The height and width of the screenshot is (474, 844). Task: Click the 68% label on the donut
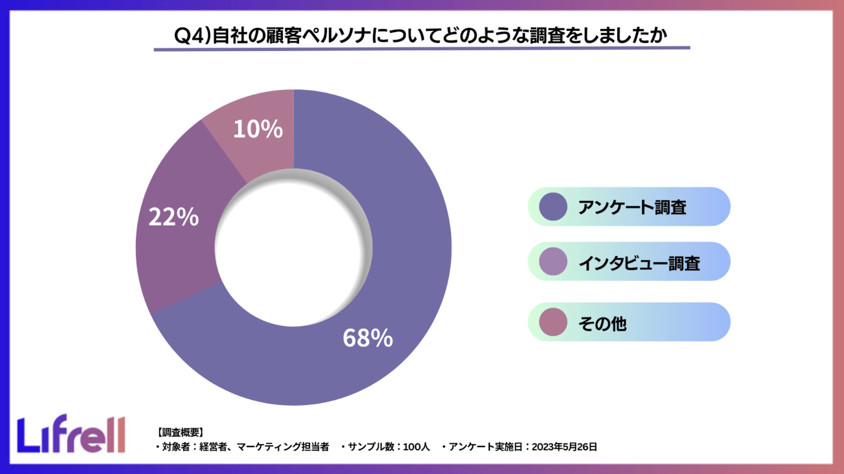[368, 338]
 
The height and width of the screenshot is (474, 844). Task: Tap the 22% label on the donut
[174, 217]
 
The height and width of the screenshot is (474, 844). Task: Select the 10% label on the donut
[258, 129]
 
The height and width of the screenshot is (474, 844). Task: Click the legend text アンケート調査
[632, 207]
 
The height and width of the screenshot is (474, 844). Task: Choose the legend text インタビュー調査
[639, 263]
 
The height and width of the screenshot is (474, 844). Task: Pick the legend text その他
[602, 323]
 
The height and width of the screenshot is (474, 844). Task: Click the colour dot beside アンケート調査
[553, 207]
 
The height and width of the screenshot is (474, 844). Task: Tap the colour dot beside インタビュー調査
[553, 262]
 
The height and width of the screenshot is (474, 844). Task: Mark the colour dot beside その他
[553, 322]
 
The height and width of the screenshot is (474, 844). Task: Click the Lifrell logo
[71, 434]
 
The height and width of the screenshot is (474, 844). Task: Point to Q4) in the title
[192, 36]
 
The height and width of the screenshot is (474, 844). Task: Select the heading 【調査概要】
[180, 432]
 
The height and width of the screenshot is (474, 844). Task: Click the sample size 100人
[416, 447]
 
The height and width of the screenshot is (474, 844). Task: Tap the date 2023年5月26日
[564, 447]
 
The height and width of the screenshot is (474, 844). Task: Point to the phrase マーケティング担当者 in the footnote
[283, 447]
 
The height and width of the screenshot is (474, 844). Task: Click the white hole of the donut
[294, 248]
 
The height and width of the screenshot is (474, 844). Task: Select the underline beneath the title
[422, 49]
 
